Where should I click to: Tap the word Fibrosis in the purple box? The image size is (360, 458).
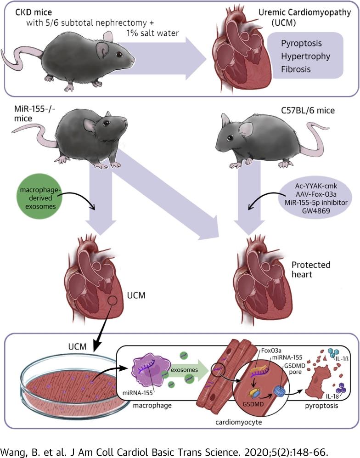tap(296, 70)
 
